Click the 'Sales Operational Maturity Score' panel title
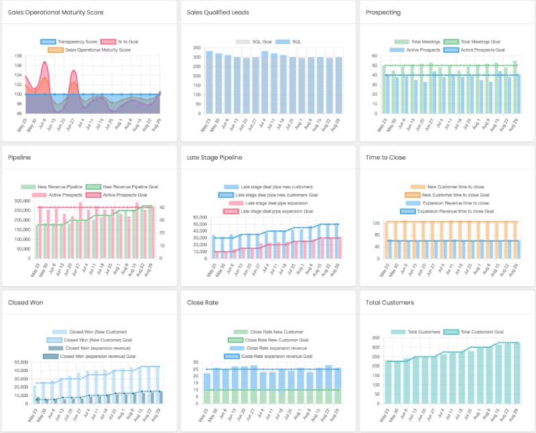coord(56,13)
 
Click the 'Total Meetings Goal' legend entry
coord(480,42)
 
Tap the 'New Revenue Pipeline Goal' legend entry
coord(125,186)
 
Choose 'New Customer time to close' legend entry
coord(456,186)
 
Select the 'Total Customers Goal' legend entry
coord(480,332)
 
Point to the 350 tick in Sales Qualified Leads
coord(197,48)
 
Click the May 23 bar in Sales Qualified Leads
coord(209,82)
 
